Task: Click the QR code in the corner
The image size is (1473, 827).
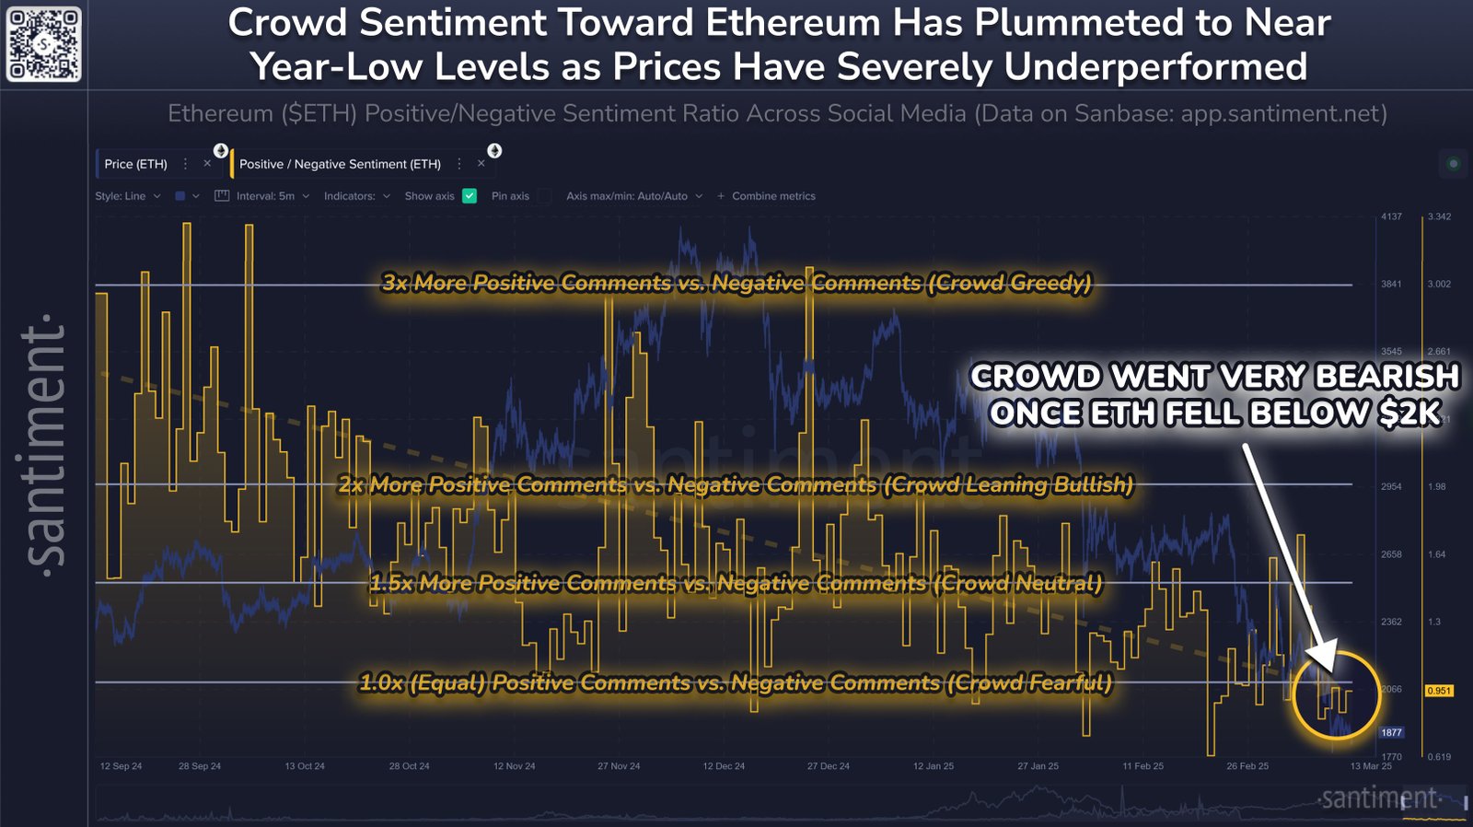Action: pos(44,43)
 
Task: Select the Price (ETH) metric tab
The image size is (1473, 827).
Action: pos(135,164)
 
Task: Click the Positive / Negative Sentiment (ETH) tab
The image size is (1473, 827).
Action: pos(340,164)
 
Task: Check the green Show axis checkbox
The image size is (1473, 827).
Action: pos(470,196)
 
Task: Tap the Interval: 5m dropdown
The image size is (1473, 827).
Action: pos(265,196)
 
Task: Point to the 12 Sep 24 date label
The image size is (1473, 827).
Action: pos(121,766)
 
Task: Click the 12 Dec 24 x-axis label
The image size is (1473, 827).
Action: pos(724,766)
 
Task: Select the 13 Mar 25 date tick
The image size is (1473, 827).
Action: pos(1371,766)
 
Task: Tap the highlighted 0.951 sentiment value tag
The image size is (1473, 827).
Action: pos(1438,691)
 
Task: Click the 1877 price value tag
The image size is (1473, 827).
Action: pos(1391,733)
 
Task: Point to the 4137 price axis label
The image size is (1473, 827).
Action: pos(1391,216)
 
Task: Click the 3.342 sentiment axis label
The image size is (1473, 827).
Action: pos(1439,216)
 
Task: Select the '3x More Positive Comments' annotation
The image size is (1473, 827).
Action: pos(736,283)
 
